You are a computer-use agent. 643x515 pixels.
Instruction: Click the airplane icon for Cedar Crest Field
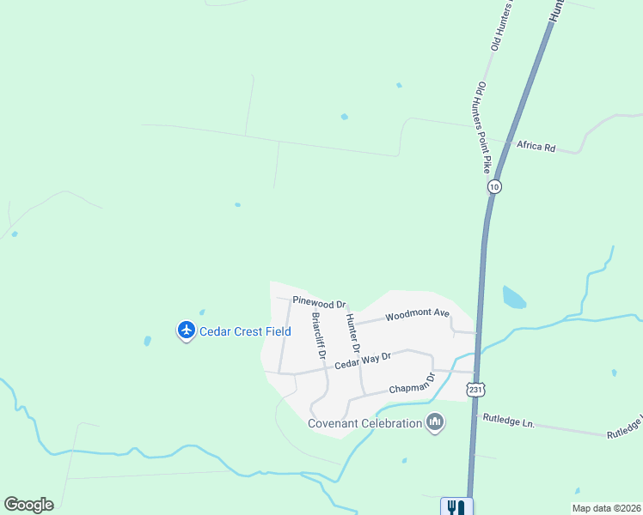tap(186, 330)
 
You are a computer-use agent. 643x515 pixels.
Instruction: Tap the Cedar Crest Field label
tap(245, 331)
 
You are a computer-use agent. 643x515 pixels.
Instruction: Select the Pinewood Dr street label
tap(318, 302)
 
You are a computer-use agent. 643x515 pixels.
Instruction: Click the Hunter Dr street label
tap(352, 333)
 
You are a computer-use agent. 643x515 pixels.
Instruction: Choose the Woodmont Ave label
tap(417, 315)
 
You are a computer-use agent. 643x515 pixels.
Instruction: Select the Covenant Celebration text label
tap(365, 422)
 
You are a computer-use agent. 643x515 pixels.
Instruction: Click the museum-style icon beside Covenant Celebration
tap(435, 421)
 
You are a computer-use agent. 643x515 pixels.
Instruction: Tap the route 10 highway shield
tap(493, 186)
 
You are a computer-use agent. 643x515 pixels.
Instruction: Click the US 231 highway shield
tap(476, 388)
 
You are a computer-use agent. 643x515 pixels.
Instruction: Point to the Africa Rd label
tap(536, 146)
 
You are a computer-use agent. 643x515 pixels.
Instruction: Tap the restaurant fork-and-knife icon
tap(456, 507)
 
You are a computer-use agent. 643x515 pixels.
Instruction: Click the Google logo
tap(28, 505)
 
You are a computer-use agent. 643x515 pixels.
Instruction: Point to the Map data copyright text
tap(606, 508)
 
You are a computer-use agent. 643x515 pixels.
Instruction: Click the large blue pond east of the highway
tap(513, 298)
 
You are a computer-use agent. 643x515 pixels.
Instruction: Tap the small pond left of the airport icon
tap(147, 341)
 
